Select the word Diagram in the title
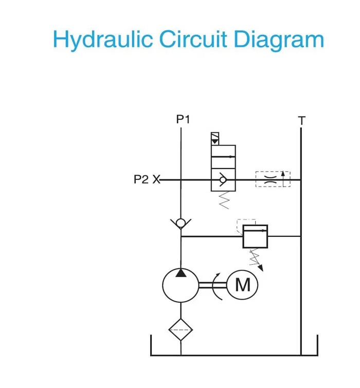[280, 40]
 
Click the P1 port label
[183, 119]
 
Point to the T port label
[302, 121]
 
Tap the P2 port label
[141, 180]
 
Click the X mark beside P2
[156, 180]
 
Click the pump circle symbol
[181, 284]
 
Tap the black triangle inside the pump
[181, 272]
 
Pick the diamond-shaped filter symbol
[181, 330]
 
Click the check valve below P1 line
[181, 223]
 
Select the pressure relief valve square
[255, 236]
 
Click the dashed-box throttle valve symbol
[273, 179]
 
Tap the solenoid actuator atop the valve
[215, 138]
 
